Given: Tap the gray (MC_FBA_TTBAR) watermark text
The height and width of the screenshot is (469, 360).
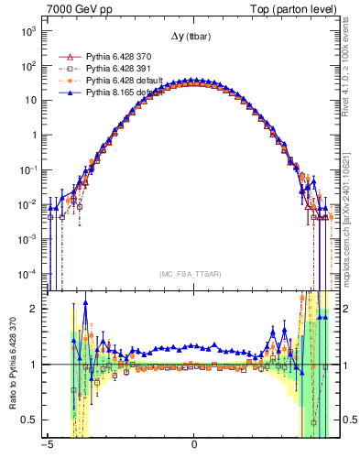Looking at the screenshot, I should (x=193, y=274).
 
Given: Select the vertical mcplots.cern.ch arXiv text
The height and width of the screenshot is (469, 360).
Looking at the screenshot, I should (x=349, y=220).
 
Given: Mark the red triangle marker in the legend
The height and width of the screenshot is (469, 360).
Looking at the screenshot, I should (x=64, y=57).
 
